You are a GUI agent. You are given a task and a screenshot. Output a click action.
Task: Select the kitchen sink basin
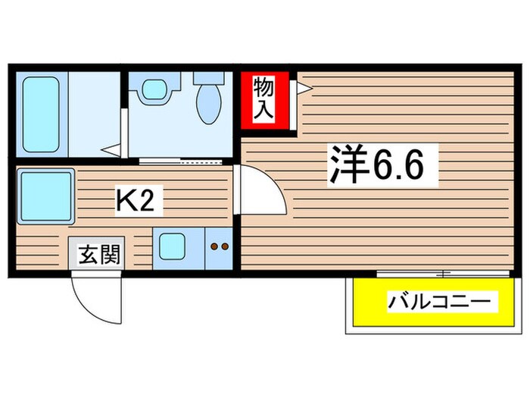coord(175,247)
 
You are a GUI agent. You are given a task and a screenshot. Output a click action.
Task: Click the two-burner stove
coord(220,247)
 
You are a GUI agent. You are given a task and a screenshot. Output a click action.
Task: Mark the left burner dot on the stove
coord(214,247)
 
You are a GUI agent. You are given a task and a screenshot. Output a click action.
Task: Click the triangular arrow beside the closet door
coord(304,89)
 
